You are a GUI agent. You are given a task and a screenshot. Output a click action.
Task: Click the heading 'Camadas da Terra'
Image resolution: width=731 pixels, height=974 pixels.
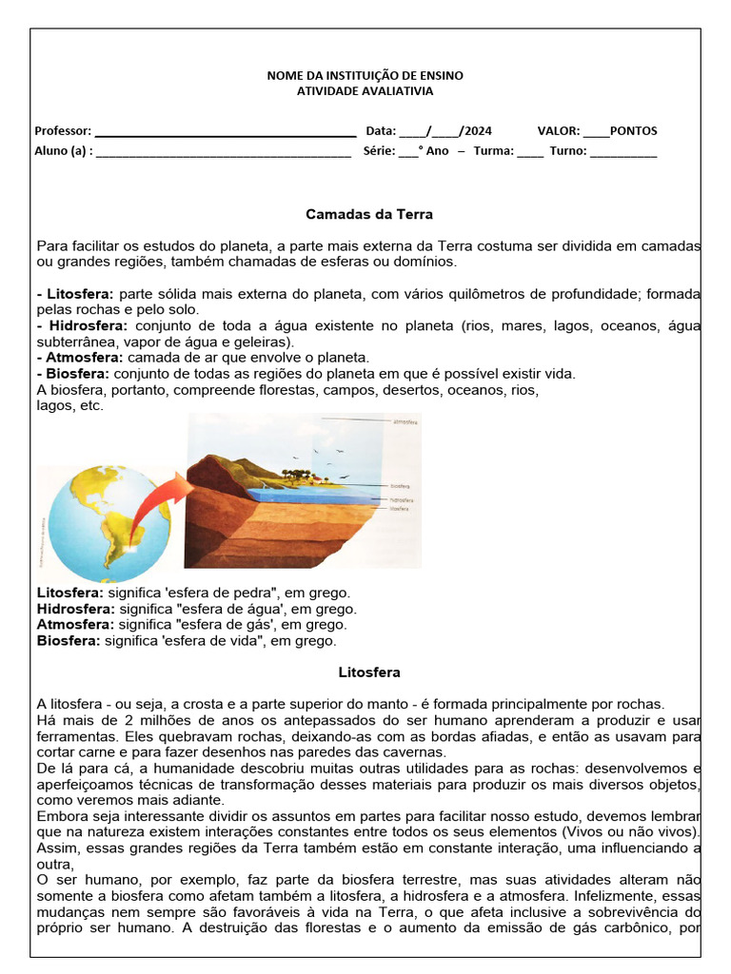(x=369, y=214)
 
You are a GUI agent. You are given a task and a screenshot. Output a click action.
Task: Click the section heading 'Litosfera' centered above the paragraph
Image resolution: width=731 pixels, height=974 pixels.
(x=369, y=672)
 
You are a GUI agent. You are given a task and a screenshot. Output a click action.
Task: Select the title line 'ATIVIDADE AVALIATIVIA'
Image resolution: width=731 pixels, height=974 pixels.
(x=365, y=91)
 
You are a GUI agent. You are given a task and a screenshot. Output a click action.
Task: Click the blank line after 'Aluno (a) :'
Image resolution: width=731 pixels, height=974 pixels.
(x=223, y=151)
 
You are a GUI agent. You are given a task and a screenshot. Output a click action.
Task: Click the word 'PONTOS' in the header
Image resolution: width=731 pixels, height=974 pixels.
(x=633, y=131)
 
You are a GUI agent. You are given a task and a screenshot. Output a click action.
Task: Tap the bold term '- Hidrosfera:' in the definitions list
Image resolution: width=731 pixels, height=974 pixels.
(x=75, y=325)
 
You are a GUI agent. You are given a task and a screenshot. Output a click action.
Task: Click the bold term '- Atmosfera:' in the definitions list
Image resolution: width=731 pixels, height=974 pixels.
(x=80, y=357)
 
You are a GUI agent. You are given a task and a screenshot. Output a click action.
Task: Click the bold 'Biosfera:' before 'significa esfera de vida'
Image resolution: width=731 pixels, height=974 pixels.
(x=68, y=641)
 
